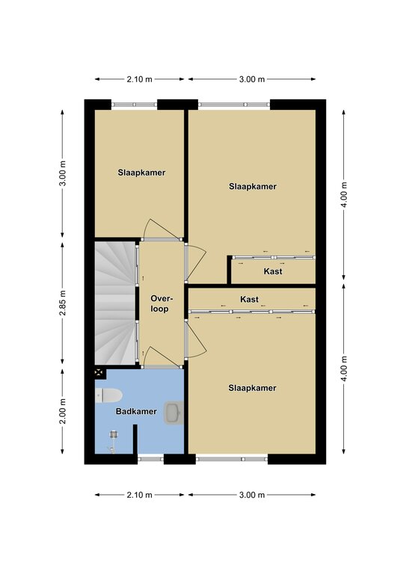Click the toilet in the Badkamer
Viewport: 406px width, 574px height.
(108, 395)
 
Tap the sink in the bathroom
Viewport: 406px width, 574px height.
(174, 413)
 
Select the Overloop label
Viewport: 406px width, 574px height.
(159, 303)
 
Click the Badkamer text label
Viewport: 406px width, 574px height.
(136, 412)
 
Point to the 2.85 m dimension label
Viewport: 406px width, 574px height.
(63, 303)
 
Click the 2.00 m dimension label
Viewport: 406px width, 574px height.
(63, 411)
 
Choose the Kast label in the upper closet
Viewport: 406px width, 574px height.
(273, 271)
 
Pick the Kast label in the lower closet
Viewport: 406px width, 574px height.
(249, 299)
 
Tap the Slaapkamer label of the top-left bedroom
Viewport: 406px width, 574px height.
(141, 173)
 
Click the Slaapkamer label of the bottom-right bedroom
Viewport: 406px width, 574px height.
(252, 388)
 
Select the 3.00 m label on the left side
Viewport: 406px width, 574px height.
(63, 173)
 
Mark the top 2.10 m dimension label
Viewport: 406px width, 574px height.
(140, 79)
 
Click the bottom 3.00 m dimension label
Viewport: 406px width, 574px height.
(252, 495)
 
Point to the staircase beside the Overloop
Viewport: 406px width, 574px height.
(115, 303)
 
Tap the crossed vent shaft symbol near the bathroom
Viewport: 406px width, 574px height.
(99, 373)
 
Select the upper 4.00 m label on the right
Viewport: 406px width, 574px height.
(344, 194)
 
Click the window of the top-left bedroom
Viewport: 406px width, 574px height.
(135, 105)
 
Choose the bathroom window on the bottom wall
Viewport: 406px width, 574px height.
(150, 459)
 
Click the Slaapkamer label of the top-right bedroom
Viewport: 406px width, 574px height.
(253, 186)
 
